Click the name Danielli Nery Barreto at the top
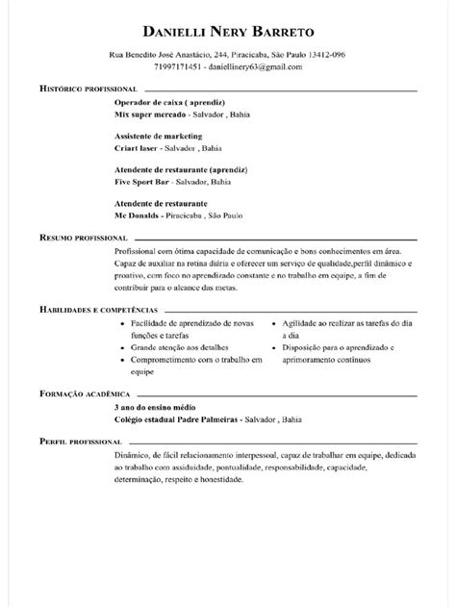tap(227, 33)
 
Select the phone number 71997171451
tap(177, 67)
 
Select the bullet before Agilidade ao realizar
tap(275, 323)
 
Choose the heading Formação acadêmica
tap(84, 394)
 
